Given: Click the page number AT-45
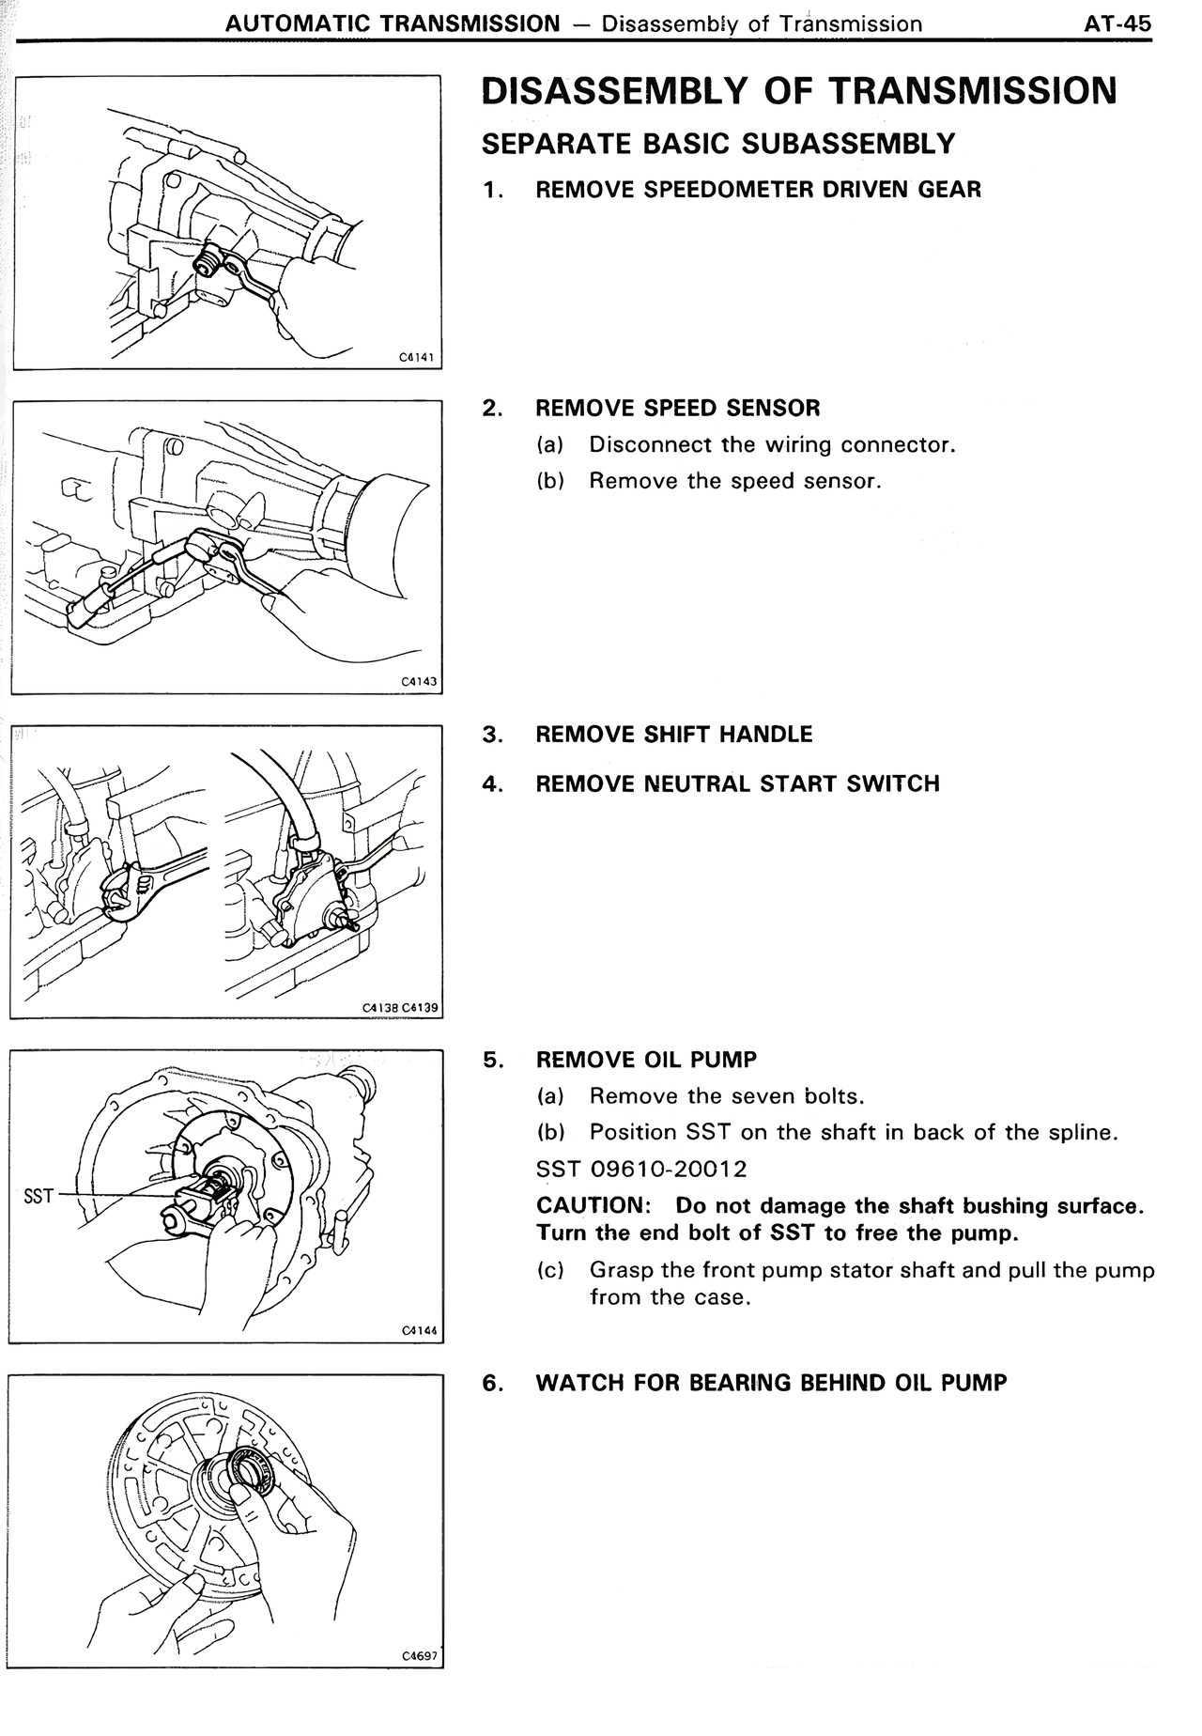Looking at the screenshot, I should click(1117, 23).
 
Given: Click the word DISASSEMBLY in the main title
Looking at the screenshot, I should click(610, 91).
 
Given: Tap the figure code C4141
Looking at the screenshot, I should click(417, 357).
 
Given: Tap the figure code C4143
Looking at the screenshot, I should click(419, 682).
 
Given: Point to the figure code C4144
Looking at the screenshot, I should click(419, 1330).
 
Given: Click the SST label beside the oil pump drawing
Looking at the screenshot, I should click(38, 1197).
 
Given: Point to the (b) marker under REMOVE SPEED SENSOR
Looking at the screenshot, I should click(550, 481).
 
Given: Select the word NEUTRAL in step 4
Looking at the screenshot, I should click(695, 783).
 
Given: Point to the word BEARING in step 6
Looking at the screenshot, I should click(742, 1383).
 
